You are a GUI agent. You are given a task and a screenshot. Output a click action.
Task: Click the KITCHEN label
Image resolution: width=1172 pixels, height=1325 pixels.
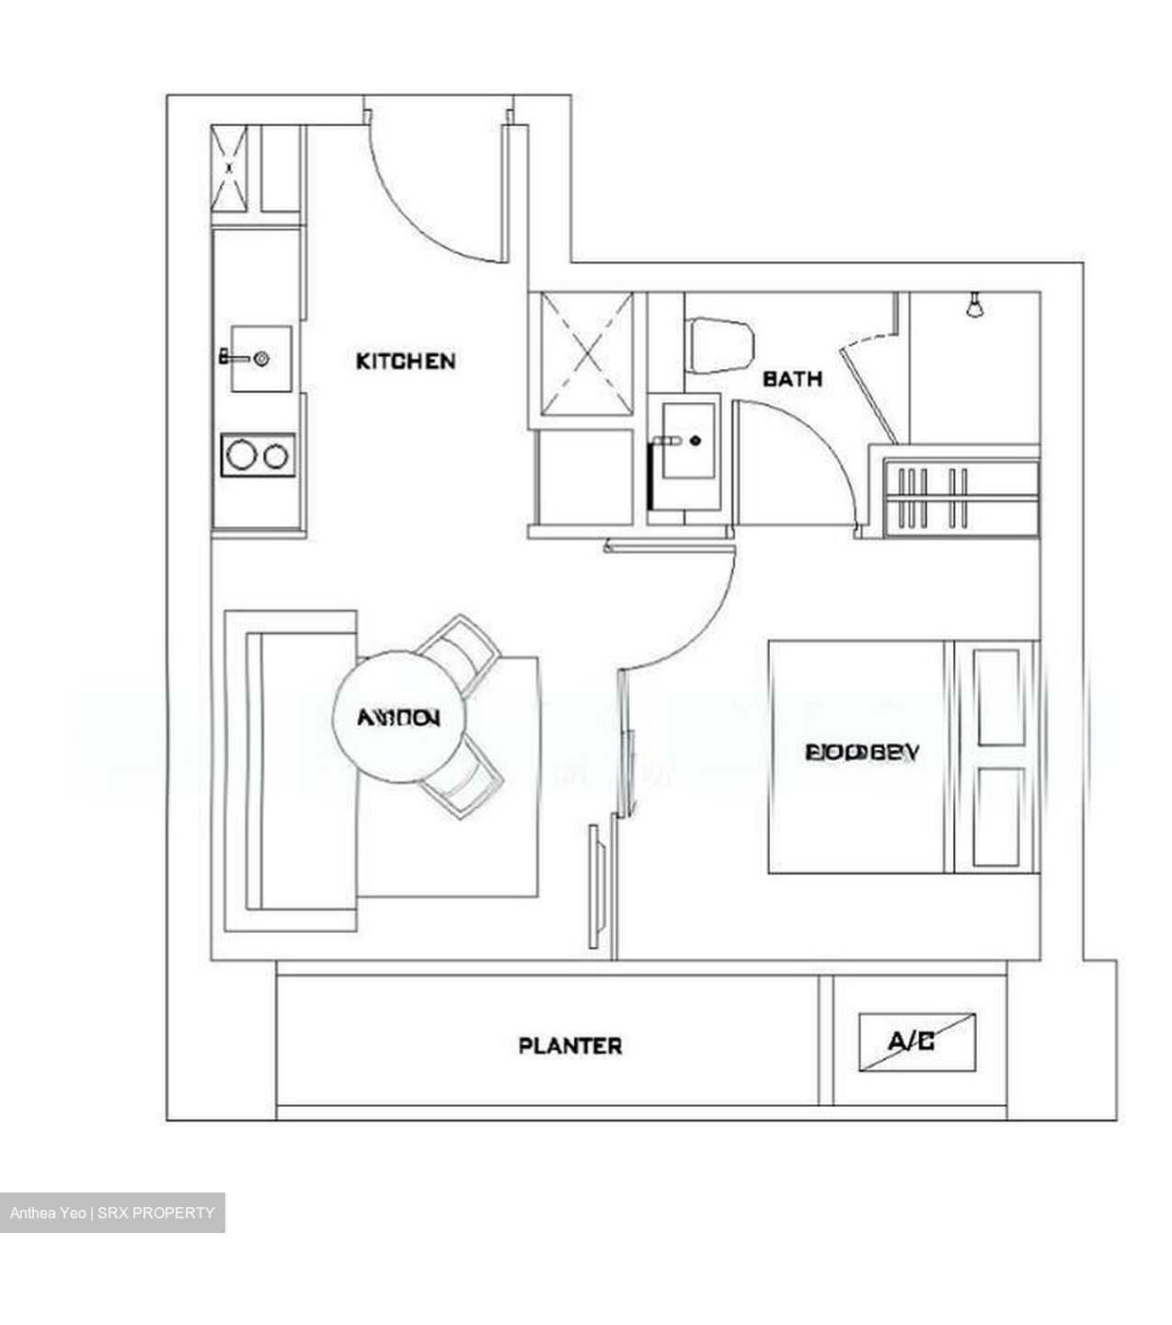pos(405,361)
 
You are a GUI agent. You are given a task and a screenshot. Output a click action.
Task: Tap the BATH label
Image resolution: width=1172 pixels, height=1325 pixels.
pos(792,378)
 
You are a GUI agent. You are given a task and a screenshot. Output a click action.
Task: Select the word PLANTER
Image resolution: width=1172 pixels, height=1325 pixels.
pos(570,1045)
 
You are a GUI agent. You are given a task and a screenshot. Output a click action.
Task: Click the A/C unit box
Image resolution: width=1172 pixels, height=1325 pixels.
pos(917,1043)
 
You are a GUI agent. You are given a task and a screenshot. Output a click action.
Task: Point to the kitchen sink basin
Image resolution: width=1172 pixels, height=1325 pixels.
pos(260,358)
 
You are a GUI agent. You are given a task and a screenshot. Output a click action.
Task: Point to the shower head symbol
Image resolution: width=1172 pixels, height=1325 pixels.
pos(974,305)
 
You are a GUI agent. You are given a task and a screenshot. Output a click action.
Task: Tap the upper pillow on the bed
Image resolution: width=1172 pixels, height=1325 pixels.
pos(998,697)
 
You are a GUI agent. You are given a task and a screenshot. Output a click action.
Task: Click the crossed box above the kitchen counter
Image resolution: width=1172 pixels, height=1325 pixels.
pos(229,168)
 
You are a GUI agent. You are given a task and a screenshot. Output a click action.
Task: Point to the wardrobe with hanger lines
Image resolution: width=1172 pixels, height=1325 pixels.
pos(961,497)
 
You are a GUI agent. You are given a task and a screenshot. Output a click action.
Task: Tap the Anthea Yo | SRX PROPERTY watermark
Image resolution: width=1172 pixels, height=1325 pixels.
pos(112,1213)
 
